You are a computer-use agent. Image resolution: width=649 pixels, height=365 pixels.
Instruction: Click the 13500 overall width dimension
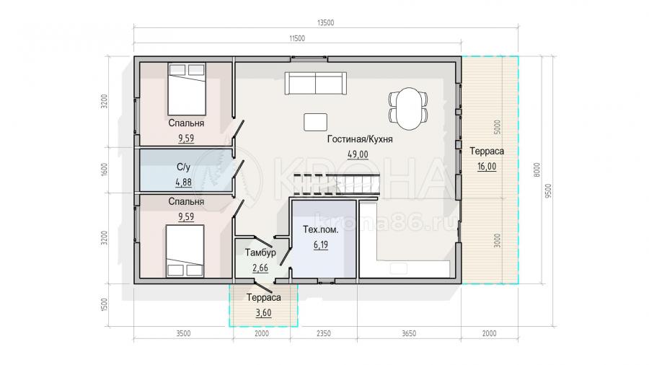(326, 23)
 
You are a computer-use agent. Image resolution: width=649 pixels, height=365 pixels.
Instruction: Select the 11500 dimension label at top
(297, 38)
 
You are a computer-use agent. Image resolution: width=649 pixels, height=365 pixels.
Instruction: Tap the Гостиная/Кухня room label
(360, 139)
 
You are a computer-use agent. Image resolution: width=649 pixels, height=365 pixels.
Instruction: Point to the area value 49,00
(358, 154)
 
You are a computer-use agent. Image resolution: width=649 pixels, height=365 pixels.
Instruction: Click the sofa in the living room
(315, 83)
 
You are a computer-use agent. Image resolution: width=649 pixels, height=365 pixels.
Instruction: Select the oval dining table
(409, 109)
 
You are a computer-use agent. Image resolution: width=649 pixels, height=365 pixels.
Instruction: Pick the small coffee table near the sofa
(315, 122)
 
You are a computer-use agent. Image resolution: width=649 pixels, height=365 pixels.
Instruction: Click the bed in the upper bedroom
(187, 89)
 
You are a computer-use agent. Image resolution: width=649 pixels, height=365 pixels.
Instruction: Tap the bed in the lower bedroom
(185, 251)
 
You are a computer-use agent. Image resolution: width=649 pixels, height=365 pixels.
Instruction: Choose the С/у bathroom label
(183, 167)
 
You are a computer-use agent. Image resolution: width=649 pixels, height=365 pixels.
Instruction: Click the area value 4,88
(183, 182)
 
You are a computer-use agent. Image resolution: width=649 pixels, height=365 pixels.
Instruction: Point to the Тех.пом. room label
(321, 229)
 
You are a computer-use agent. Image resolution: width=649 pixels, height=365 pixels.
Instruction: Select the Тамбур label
(260, 252)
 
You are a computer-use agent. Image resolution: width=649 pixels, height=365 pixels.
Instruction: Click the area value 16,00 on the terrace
(487, 167)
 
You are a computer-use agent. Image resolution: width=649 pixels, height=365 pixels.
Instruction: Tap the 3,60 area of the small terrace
(264, 312)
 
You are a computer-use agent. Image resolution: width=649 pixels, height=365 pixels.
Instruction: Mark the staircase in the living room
(337, 184)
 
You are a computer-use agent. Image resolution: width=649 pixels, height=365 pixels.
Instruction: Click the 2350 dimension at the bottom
(324, 333)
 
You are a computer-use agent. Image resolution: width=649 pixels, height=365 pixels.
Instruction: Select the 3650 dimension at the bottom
(409, 333)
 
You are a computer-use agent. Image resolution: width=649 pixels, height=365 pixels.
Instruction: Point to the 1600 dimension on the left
(105, 170)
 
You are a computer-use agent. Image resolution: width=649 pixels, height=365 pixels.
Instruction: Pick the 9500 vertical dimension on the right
(549, 190)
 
